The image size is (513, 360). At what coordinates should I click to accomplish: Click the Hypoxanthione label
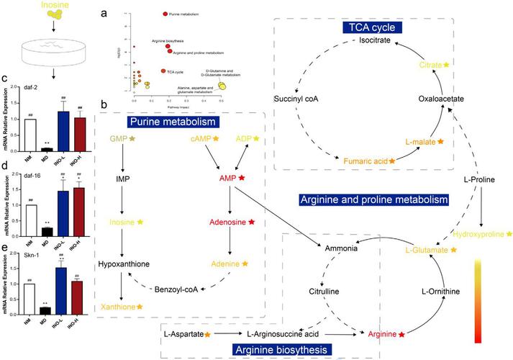pyautogui.click(x=124, y=264)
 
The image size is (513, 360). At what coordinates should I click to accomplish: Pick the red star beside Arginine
pyautogui.click(x=401, y=335)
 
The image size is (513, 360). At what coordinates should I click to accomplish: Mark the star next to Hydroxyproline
pyautogui.click(x=509, y=234)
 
